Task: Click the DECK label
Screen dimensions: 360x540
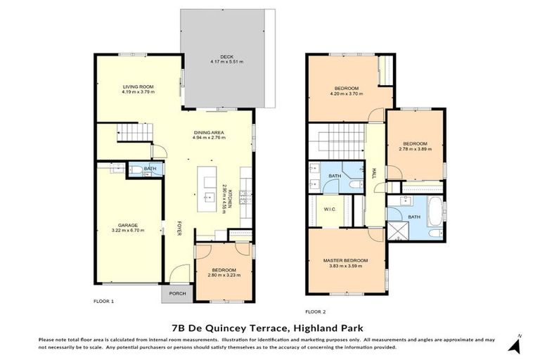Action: pos(226,56)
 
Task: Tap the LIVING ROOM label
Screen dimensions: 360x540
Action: pos(137,86)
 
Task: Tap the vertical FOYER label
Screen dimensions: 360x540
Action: pos(179,229)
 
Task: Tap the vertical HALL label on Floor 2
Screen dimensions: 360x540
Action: pos(374,173)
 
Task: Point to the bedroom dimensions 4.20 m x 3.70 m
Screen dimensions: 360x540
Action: pos(345,93)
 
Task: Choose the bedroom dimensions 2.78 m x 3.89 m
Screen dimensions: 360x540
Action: pos(416,149)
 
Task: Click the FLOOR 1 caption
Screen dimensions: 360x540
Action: pos(103,301)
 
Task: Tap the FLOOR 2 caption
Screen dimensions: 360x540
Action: pos(315,311)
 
